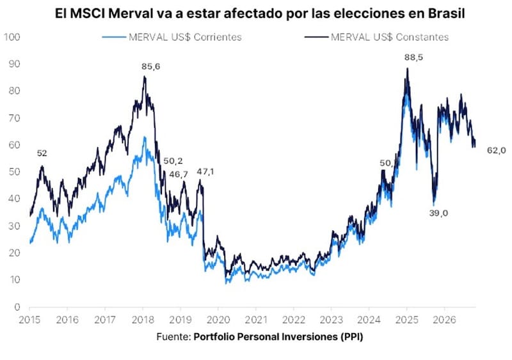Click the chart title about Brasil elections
[x=260, y=13]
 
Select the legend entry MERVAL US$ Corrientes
[x=172, y=37]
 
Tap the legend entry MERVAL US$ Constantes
[x=377, y=37]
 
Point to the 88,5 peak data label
[x=413, y=58]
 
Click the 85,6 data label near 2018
[x=151, y=67]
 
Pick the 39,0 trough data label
[x=438, y=214]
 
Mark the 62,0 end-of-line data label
[x=497, y=150]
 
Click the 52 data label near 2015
[x=42, y=153]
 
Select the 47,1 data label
[x=205, y=171]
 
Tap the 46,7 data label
[x=179, y=175]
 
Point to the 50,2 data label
[x=173, y=161]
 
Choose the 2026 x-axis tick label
[x=444, y=320]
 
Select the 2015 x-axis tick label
[x=29, y=320]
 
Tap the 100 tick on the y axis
[x=12, y=37]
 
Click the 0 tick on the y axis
[x=17, y=307]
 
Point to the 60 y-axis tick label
[x=14, y=145]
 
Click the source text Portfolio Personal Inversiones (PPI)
[x=278, y=337]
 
